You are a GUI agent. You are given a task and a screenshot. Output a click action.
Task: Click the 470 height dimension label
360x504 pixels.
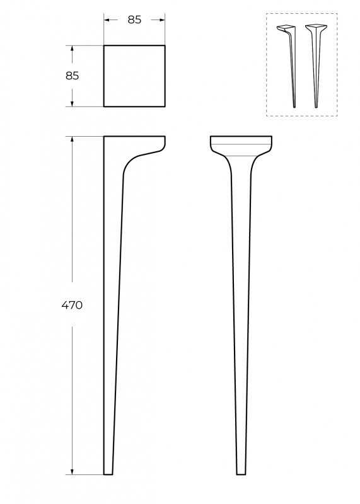(72, 305)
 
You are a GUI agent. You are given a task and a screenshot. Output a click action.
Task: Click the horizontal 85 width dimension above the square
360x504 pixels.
(134, 20)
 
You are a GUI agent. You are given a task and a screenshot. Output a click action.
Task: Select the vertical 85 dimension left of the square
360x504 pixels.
(72, 76)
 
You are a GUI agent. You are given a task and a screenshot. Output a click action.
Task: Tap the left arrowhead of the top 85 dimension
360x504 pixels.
(106, 20)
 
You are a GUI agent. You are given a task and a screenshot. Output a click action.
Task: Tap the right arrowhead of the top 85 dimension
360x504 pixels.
(163, 20)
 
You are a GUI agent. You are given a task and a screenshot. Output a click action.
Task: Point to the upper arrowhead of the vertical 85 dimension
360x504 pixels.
(72, 49)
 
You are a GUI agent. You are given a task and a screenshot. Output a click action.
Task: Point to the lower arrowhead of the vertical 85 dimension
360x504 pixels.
(72, 104)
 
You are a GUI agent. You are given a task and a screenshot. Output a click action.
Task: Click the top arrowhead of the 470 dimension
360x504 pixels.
(72, 139)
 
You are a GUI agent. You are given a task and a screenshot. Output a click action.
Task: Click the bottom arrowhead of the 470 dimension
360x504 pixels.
(72, 471)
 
